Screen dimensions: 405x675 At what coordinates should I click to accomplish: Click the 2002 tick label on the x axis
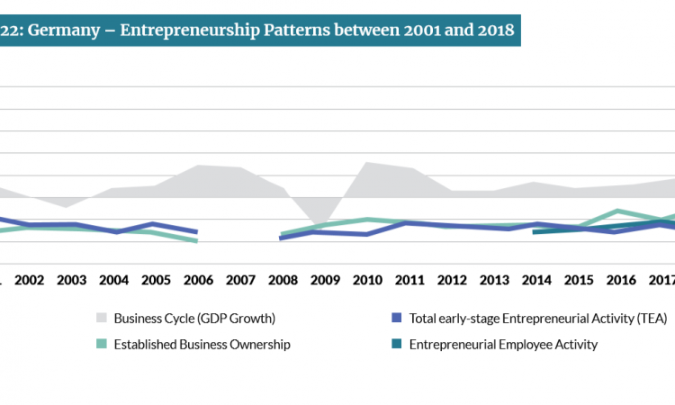(30, 280)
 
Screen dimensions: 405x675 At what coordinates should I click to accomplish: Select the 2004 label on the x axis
(113, 280)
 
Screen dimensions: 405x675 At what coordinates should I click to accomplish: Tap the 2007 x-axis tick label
(240, 280)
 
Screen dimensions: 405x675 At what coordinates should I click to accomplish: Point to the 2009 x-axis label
(324, 280)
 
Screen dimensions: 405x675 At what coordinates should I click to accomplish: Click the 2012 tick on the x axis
(451, 280)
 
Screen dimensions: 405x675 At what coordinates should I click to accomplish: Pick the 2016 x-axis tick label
(619, 280)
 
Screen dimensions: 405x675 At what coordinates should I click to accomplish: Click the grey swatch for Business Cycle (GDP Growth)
(101, 318)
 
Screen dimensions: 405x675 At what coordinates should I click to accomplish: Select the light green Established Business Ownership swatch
(101, 344)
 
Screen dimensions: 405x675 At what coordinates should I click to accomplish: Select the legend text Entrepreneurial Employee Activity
(503, 344)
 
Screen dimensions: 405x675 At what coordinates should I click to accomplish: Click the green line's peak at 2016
(617, 211)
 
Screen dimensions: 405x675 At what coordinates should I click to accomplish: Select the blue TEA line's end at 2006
(197, 232)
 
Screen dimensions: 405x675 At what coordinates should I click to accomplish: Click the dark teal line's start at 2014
(535, 231)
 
